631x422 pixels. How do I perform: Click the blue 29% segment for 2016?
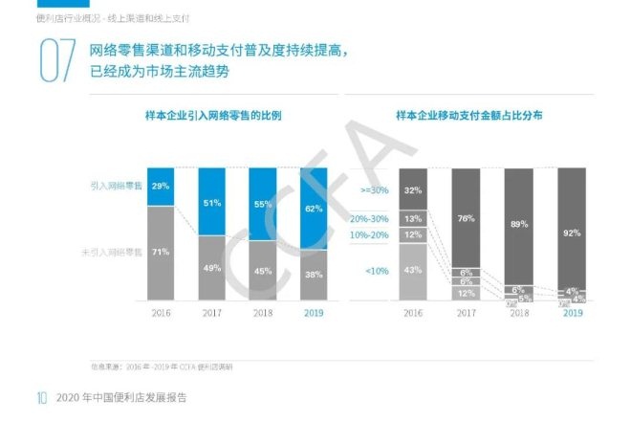pyautogui.click(x=161, y=186)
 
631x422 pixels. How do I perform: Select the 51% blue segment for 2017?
pyautogui.click(x=213, y=202)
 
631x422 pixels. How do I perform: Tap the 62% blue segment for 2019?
pyautogui.click(x=314, y=208)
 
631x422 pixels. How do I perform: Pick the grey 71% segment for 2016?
pyautogui.click(x=161, y=253)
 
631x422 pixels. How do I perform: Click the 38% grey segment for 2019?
pyautogui.click(x=314, y=276)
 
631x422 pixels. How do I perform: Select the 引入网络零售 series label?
pyautogui.click(x=117, y=185)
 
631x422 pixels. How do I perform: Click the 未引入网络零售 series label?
pyautogui.click(x=113, y=252)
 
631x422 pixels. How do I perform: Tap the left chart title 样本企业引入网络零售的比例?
pyautogui.click(x=212, y=116)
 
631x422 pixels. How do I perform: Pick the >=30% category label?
pyautogui.click(x=375, y=190)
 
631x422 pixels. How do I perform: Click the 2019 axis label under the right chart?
pyautogui.click(x=572, y=313)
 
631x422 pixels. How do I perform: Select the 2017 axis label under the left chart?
pyautogui.click(x=213, y=313)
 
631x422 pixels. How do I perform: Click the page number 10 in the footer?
pyautogui.click(x=42, y=397)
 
